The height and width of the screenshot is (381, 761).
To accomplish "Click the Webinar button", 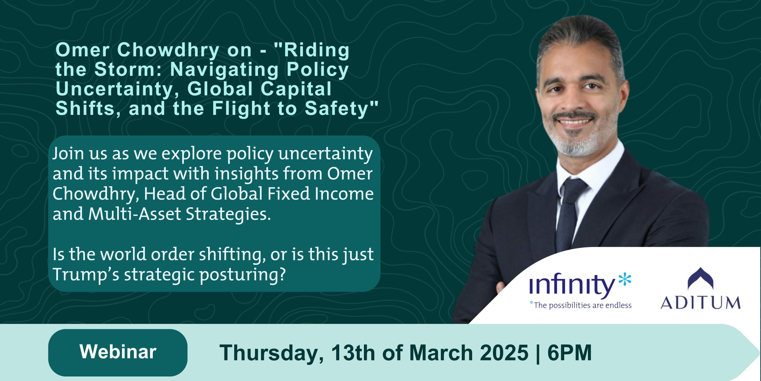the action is pos(118,352).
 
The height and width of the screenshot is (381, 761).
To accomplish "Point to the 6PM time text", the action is pos(570,353).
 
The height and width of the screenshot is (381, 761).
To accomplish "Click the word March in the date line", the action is pos(441,353).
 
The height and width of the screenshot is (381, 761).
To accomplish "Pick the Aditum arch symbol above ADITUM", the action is pos(700,278).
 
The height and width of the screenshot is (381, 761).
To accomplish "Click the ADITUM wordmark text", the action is pos(700,303).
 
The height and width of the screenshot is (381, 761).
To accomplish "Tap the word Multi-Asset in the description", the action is pos(135,214).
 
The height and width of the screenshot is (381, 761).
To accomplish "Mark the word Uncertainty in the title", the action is pos(118,90).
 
